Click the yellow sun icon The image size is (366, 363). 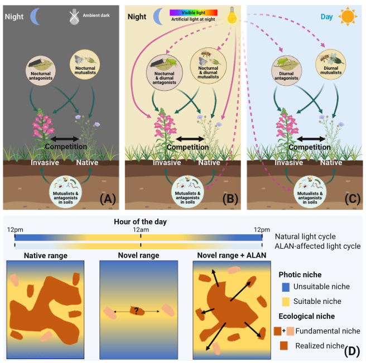(x=348, y=17)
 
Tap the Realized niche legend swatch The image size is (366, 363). (x=283, y=346)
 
